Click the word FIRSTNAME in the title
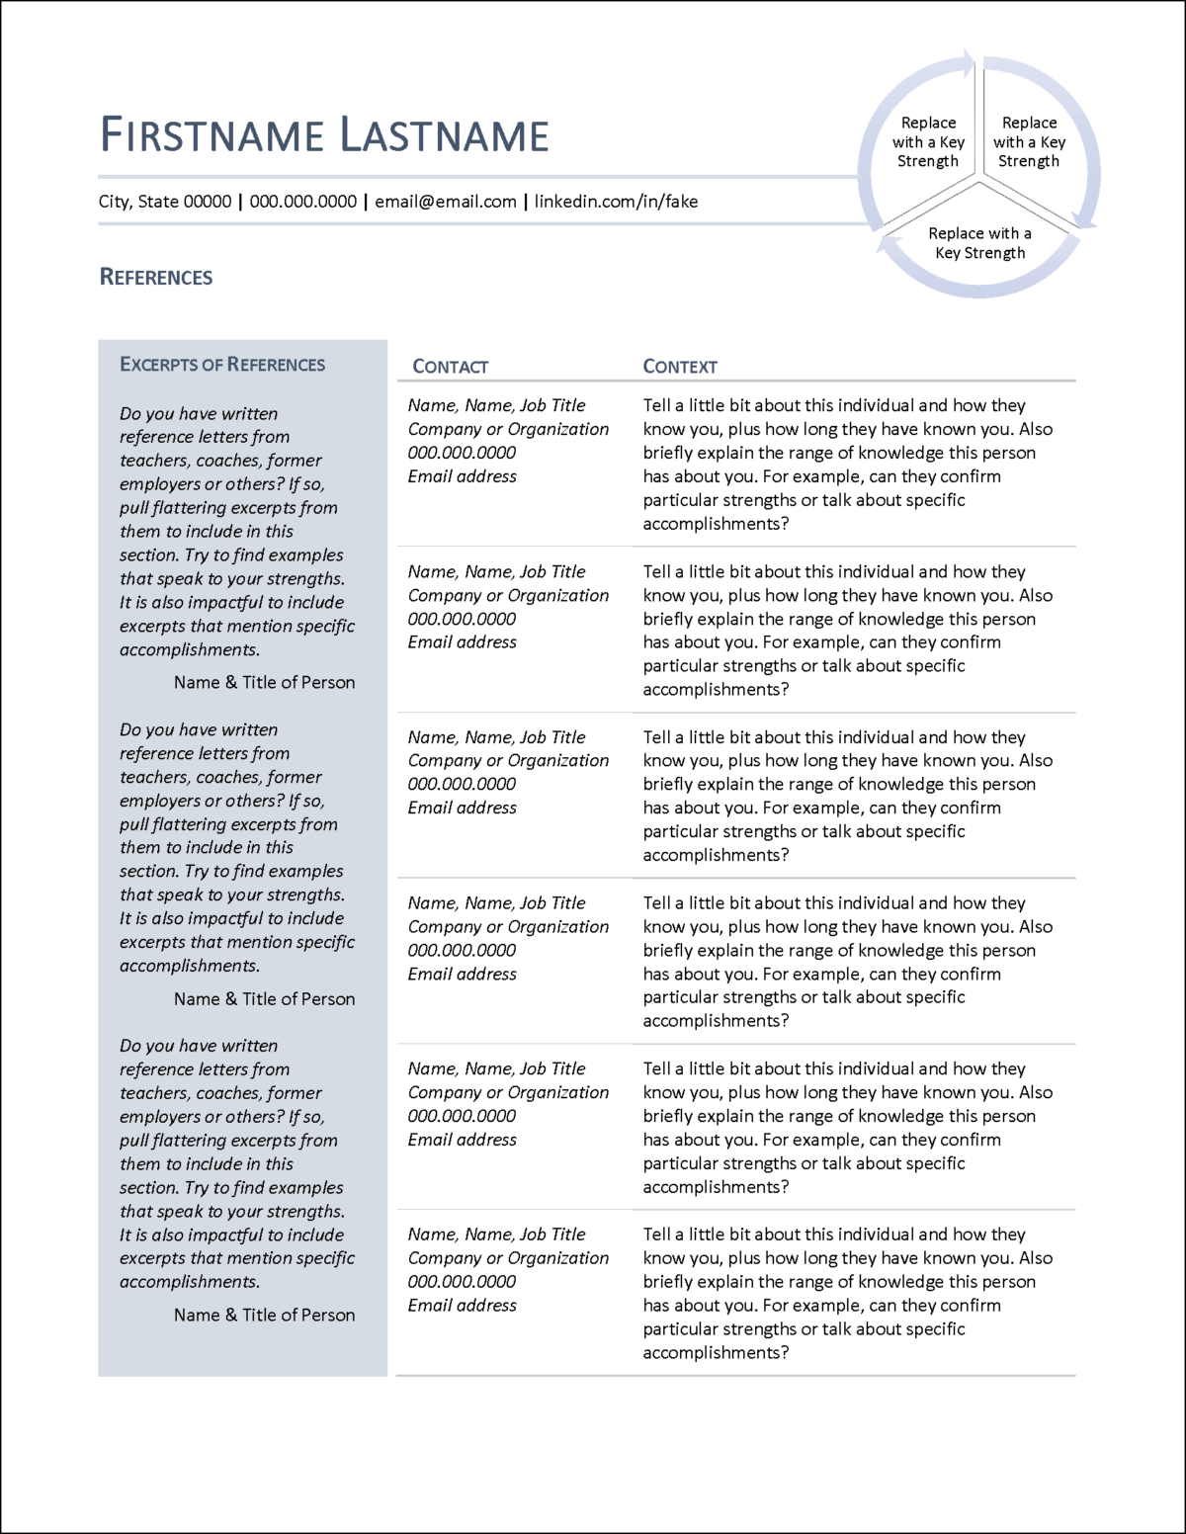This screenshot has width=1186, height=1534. pyautogui.click(x=212, y=135)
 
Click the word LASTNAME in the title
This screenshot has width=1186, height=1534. pyautogui.click(x=444, y=135)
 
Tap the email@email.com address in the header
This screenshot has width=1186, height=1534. pyautogui.click(x=446, y=202)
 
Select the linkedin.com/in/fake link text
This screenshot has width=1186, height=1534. pyautogui.click(x=616, y=202)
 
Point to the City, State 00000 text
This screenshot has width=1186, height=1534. pyautogui.click(x=164, y=202)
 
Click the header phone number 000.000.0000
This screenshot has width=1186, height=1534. pyautogui.click(x=302, y=202)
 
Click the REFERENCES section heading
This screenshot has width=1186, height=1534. pyautogui.click(x=156, y=278)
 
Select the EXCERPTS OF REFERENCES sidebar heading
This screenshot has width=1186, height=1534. pyautogui.click(x=222, y=365)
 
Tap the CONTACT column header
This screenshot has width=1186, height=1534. pyautogui.click(x=450, y=367)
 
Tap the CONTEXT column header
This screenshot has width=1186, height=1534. pyautogui.click(x=680, y=367)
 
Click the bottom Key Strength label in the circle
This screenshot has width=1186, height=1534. pyautogui.click(x=979, y=243)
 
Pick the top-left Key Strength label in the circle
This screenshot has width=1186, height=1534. pyautogui.click(x=928, y=142)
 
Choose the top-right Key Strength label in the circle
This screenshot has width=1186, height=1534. pyautogui.click(x=1029, y=142)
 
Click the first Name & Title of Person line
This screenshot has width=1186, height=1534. pyautogui.click(x=264, y=683)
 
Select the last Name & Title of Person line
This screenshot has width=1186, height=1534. pyautogui.click(x=264, y=1316)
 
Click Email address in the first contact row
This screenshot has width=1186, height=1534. pyautogui.click(x=463, y=476)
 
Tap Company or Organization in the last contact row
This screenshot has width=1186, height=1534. pyautogui.click(x=508, y=1258)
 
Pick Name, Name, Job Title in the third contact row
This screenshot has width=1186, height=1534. pyautogui.click(x=496, y=737)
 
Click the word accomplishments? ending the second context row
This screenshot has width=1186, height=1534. pyautogui.click(x=716, y=690)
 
